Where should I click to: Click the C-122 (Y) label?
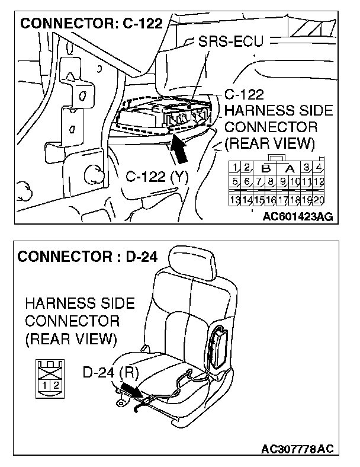[x=155, y=177]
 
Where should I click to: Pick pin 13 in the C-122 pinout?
[x=235, y=200]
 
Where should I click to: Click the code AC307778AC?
[x=297, y=449]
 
